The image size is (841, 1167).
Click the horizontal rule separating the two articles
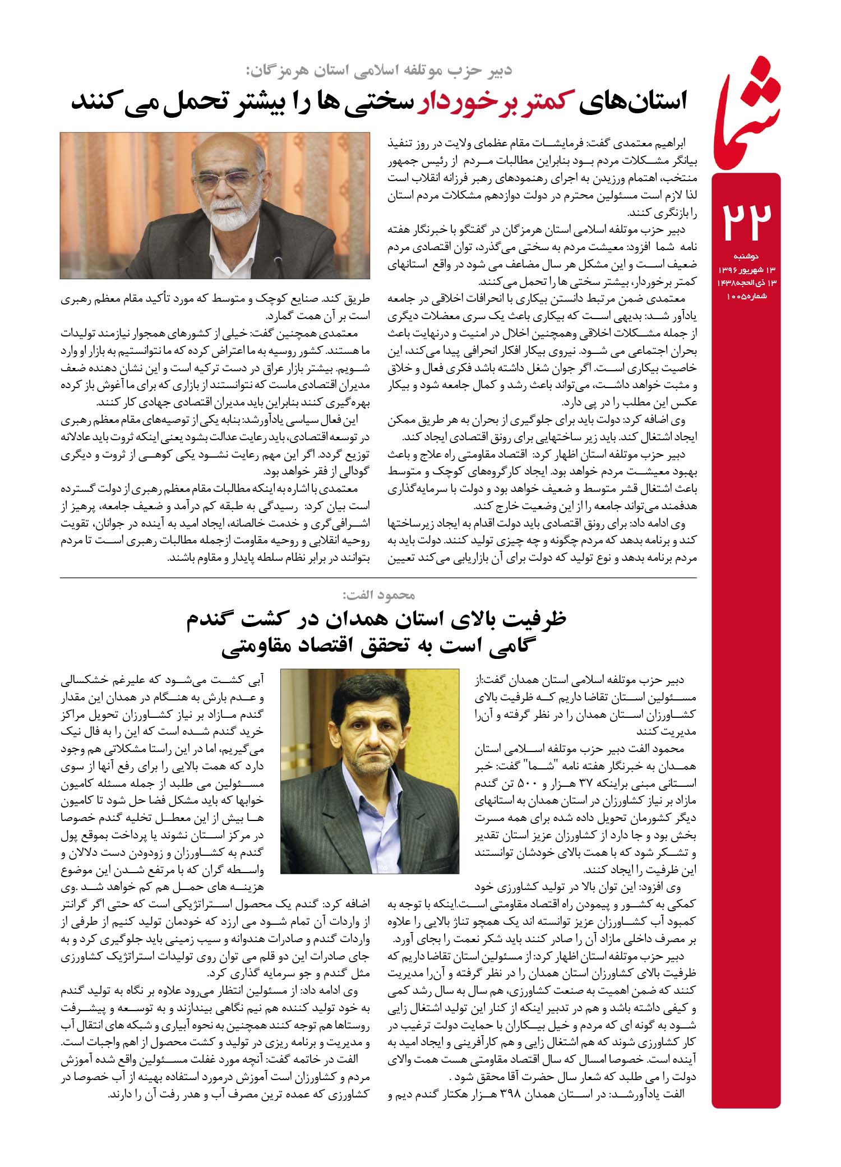[378, 578]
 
